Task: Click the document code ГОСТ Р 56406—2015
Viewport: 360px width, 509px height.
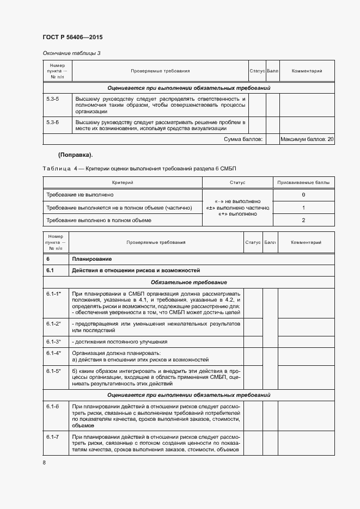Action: [x=72, y=38]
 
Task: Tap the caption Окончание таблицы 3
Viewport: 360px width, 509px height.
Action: [x=71, y=53]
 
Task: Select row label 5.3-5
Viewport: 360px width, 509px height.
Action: [x=53, y=99]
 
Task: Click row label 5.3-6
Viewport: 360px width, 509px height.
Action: [x=53, y=122]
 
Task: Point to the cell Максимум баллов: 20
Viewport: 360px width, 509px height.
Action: [x=307, y=140]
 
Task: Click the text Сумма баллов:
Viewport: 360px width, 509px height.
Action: [x=243, y=140]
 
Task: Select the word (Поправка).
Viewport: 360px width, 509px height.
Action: [x=75, y=155]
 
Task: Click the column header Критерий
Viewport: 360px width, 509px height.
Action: [x=123, y=183]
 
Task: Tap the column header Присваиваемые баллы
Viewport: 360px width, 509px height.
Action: [x=303, y=183]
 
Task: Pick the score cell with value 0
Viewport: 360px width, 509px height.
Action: [x=303, y=195]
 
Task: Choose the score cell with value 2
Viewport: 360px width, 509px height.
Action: [x=303, y=220]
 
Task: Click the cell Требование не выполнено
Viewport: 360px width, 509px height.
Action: [x=80, y=195]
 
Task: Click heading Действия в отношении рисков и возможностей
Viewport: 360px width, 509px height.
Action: [x=136, y=270]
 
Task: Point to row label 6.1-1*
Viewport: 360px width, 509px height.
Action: [x=54, y=294]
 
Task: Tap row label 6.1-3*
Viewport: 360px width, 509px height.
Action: [x=54, y=342]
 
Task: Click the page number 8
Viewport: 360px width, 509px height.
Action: [x=44, y=463]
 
